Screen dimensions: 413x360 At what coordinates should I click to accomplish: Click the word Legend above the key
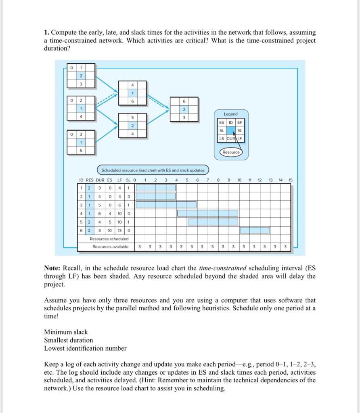point(231,114)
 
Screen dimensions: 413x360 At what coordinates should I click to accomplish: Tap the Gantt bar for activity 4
point(207,213)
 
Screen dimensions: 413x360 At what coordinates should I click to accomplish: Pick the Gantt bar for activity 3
point(166,204)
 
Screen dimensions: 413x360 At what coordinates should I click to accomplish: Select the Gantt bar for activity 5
point(213,221)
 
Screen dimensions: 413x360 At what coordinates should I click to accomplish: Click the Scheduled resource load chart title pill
point(153,170)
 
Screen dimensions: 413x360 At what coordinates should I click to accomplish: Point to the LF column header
point(119,180)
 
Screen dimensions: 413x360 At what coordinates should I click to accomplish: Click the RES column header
point(90,180)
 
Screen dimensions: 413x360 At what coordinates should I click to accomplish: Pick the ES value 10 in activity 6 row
point(110,230)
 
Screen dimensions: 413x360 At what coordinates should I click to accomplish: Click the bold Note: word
point(52,269)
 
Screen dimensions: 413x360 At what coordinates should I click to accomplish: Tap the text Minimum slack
point(66,332)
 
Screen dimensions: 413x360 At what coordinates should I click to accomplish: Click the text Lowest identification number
point(85,348)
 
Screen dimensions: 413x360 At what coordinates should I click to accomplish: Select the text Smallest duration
point(68,340)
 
